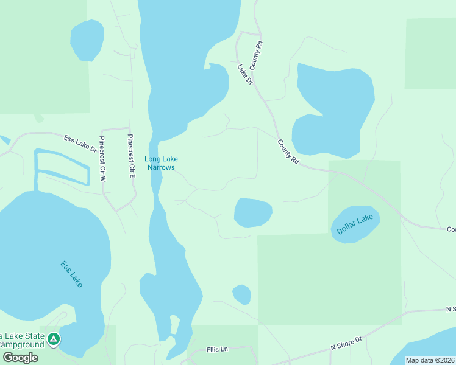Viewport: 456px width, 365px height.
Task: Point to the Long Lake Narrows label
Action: pos(161,163)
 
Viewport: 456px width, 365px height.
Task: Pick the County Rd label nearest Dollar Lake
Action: pos(288,152)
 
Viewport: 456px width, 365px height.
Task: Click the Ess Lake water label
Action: pos(71,274)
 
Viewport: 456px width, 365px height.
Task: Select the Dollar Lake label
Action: pos(355,223)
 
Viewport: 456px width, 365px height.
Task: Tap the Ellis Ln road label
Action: pos(216,349)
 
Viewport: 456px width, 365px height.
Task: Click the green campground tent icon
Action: pos(54,339)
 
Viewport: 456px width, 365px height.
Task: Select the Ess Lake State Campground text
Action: pos(22,340)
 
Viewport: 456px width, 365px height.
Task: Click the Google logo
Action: pos(20,358)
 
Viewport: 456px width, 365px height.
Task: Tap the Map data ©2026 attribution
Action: pos(430,360)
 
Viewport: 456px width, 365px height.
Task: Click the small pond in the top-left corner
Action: pos(87,40)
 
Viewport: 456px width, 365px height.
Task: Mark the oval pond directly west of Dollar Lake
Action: pos(252,212)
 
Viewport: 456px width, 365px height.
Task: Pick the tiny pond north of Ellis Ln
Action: pos(241,294)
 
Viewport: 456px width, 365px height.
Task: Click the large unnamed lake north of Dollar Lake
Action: pos(334,109)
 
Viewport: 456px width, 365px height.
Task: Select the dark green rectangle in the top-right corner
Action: pos(430,54)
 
